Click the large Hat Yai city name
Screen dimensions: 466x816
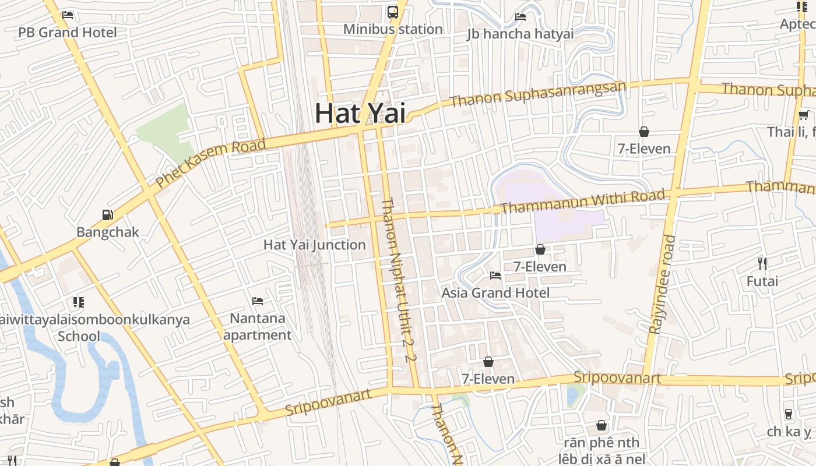tap(360, 113)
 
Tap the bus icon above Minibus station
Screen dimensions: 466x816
tap(393, 12)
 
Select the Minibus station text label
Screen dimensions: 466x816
tap(392, 29)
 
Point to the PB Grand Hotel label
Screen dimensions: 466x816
tap(68, 33)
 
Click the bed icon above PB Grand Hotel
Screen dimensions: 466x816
tap(68, 15)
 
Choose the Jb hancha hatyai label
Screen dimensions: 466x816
tap(520, 34)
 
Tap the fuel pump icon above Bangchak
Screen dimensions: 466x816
tap(107, 215)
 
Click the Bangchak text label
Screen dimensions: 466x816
tap(108, 232)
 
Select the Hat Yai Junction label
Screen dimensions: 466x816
tap(315, 245)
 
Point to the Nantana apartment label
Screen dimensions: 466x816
tap(258, 327)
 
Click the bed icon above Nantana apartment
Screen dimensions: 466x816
tap(258, 301)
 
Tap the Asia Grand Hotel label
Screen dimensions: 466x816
tap(495, 292)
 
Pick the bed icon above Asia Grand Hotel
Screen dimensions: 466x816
tap(495, 275)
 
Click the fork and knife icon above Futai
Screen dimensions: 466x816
tap(762, 263)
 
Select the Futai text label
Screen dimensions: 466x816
tap(762, 281)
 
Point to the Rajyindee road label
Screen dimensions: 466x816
tap(662, 284)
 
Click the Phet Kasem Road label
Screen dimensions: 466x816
tap(211, 163)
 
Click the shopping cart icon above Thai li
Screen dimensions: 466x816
tap(803, 115)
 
